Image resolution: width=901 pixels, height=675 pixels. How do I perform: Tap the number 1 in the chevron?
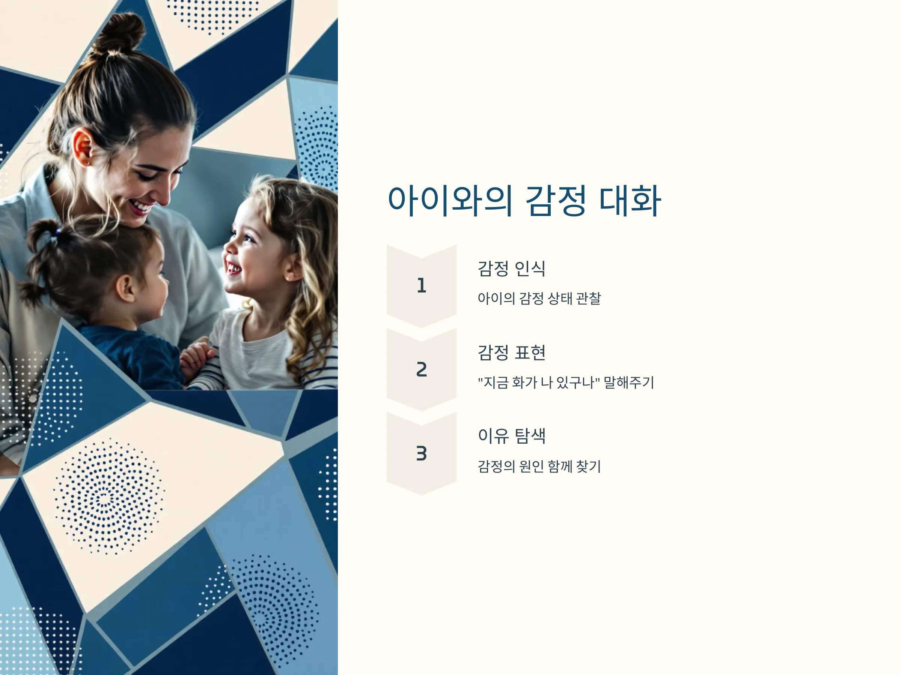pos(422,285)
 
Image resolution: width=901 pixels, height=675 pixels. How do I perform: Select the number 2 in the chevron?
pos(422,369)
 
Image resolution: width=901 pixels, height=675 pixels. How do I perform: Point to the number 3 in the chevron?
pos(422,453)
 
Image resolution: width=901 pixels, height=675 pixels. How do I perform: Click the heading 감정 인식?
pos(511,268)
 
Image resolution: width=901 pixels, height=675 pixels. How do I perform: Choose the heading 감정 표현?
pos(511,352)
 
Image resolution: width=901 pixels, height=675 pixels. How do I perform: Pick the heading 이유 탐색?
pos(512,436)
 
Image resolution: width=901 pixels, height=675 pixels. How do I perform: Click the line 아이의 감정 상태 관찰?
pos(539,298)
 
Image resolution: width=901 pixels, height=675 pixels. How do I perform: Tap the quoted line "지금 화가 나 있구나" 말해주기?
pos(566,382)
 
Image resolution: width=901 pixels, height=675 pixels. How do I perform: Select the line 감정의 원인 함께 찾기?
pos(539,466)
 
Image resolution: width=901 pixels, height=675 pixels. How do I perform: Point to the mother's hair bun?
pos(118,34)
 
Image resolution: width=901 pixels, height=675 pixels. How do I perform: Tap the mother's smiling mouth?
pos(140,207)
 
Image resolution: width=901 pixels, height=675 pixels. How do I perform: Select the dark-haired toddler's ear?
pos(125,288)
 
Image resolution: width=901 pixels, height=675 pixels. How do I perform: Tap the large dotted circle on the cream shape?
pos(108,497)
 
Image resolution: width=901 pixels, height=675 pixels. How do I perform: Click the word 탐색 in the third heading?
pos(530,436)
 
